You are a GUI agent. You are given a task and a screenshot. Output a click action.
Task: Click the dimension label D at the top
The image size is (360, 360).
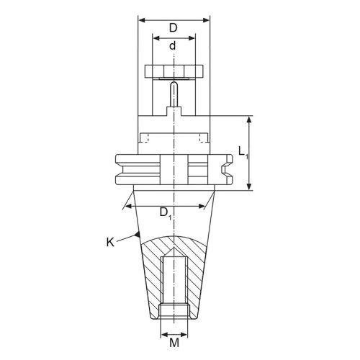pos(173,27)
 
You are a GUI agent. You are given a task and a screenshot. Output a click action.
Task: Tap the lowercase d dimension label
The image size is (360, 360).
pos(172,45)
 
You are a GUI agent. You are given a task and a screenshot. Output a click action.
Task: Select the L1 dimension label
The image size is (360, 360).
pos(243,153)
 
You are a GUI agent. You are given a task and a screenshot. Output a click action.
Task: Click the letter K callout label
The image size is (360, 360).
pos(110,242)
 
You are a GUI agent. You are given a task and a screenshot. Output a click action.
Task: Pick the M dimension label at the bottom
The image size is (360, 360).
pos(174,343)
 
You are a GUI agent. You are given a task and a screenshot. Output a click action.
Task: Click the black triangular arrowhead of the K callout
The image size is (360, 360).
pos(138,235)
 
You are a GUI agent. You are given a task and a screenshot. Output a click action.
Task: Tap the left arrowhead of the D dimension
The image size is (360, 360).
pos(142,20)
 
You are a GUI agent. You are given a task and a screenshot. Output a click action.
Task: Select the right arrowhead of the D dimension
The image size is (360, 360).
pos(206,20)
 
